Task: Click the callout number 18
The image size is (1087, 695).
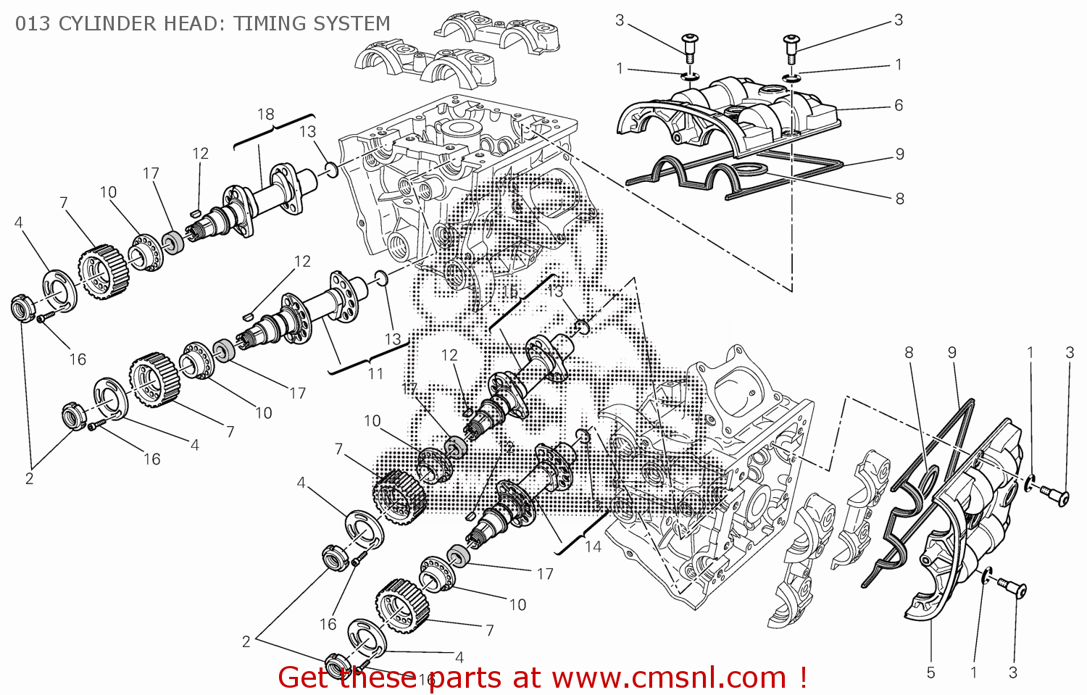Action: pos(266,115)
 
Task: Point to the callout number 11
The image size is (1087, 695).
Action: pos(375,374)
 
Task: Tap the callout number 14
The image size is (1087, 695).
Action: pos(593,546)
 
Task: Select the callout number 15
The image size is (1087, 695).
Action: pos(510,291)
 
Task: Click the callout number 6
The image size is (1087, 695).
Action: pos(899,106)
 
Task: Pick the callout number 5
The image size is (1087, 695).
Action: pos(931,673)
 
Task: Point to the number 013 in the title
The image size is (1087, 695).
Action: pos(33,24)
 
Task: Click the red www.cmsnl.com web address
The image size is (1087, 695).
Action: pos(669,678)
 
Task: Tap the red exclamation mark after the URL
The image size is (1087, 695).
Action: pos(803,678)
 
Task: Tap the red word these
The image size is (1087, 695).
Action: pos(378,678)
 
